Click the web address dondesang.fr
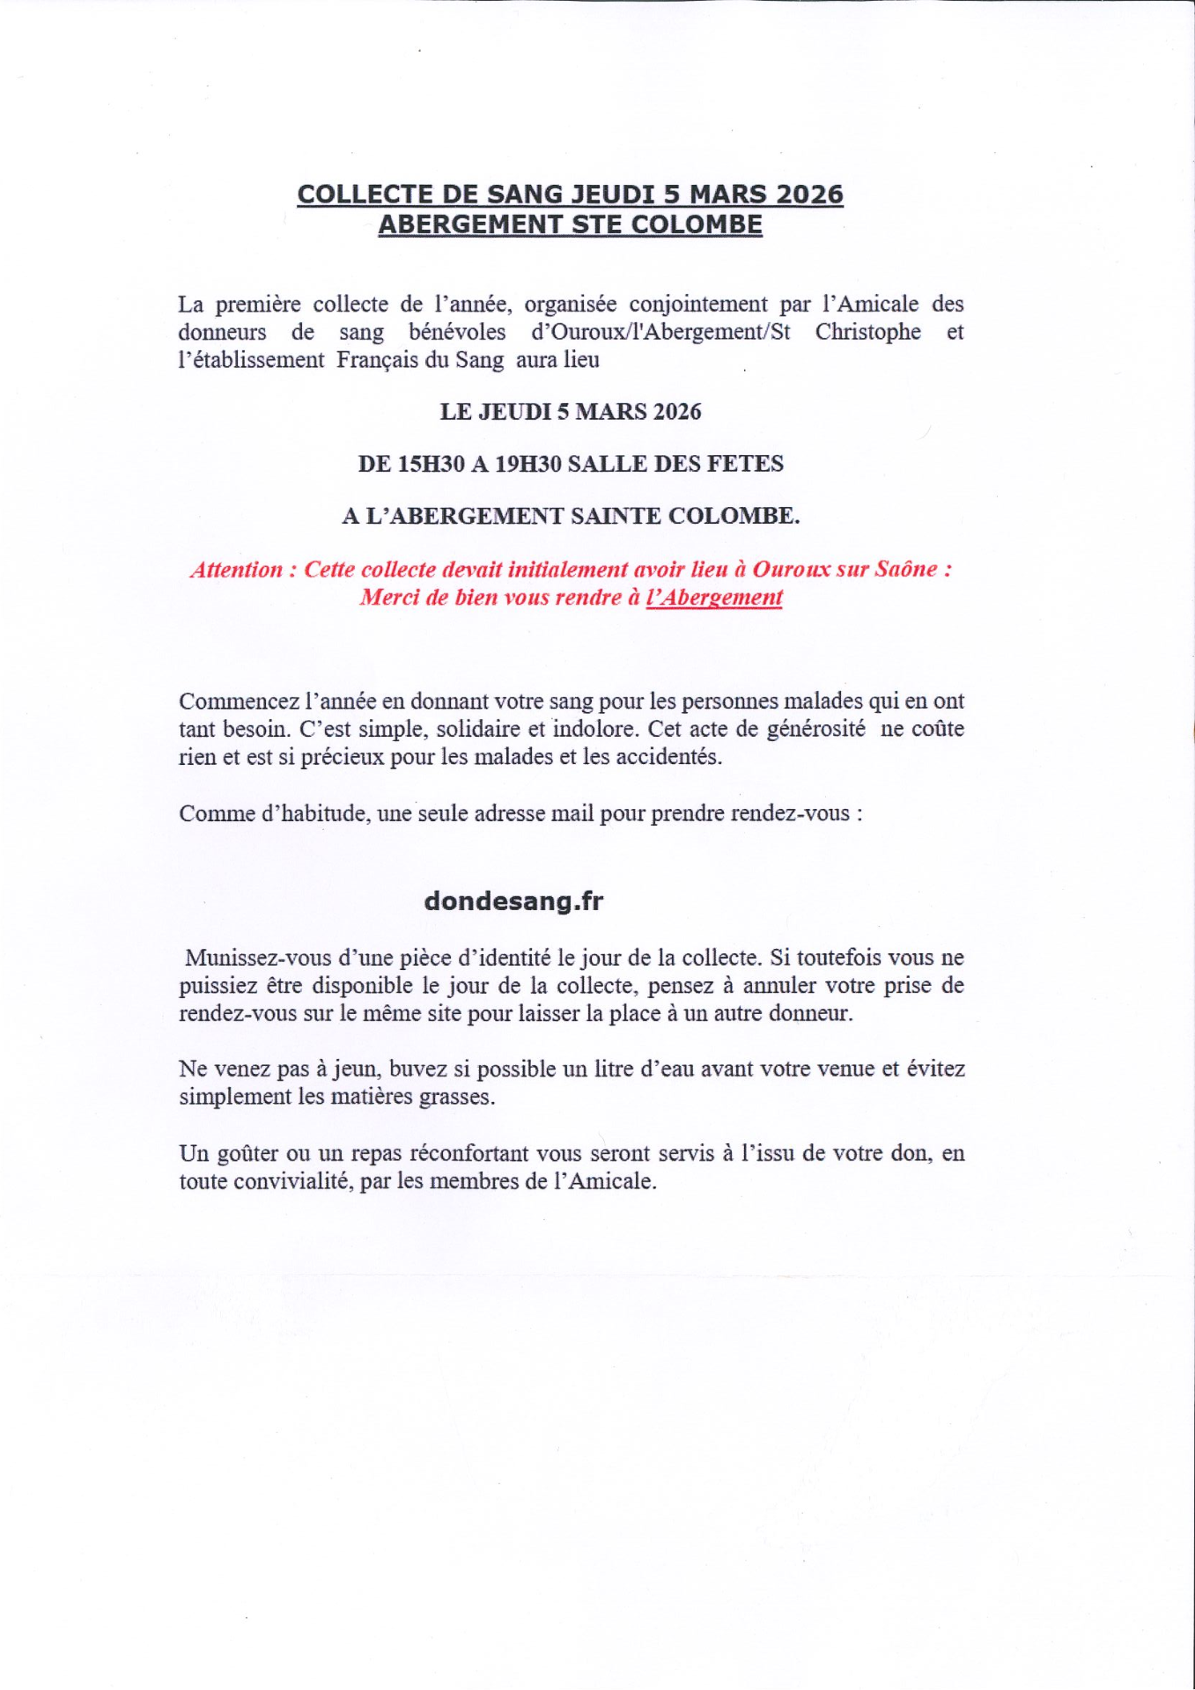(513, 901)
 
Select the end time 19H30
(528, 464)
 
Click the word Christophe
(867, 332)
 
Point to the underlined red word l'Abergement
(713, 598)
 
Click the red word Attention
(237, 569)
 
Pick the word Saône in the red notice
(906, 569)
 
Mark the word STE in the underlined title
(597, 224)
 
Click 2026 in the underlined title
(810, 195)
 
